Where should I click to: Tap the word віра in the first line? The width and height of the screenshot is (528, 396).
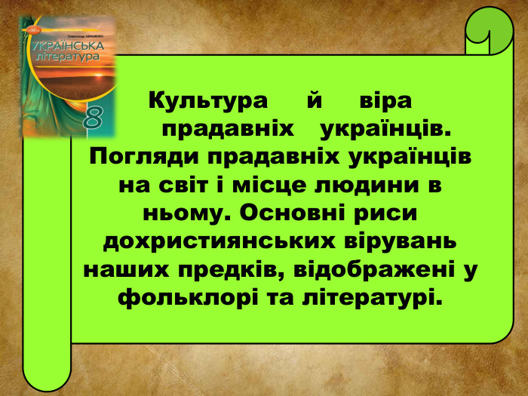pyautogui.click(x=386, y=100)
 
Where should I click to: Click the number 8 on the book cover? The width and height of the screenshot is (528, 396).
pyautogui.click(x=94, y=119)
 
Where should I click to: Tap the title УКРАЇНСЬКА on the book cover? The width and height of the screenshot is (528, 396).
pyautogui.click(x=73, y=47)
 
